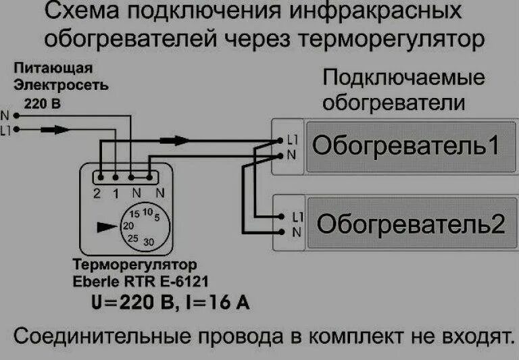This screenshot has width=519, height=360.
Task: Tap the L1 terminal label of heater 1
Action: point(292,140)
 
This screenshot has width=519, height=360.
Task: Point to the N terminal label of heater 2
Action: point(296,232)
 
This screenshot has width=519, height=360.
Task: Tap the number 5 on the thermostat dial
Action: point(156,218)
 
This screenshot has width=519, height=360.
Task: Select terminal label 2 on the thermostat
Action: point(98,193)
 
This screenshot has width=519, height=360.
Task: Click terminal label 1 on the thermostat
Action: point(116,193)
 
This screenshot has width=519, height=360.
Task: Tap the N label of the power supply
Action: point(5,115)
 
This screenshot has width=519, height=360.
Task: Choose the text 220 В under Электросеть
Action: point(42,103)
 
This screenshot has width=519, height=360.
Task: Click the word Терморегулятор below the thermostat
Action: point(134,264)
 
